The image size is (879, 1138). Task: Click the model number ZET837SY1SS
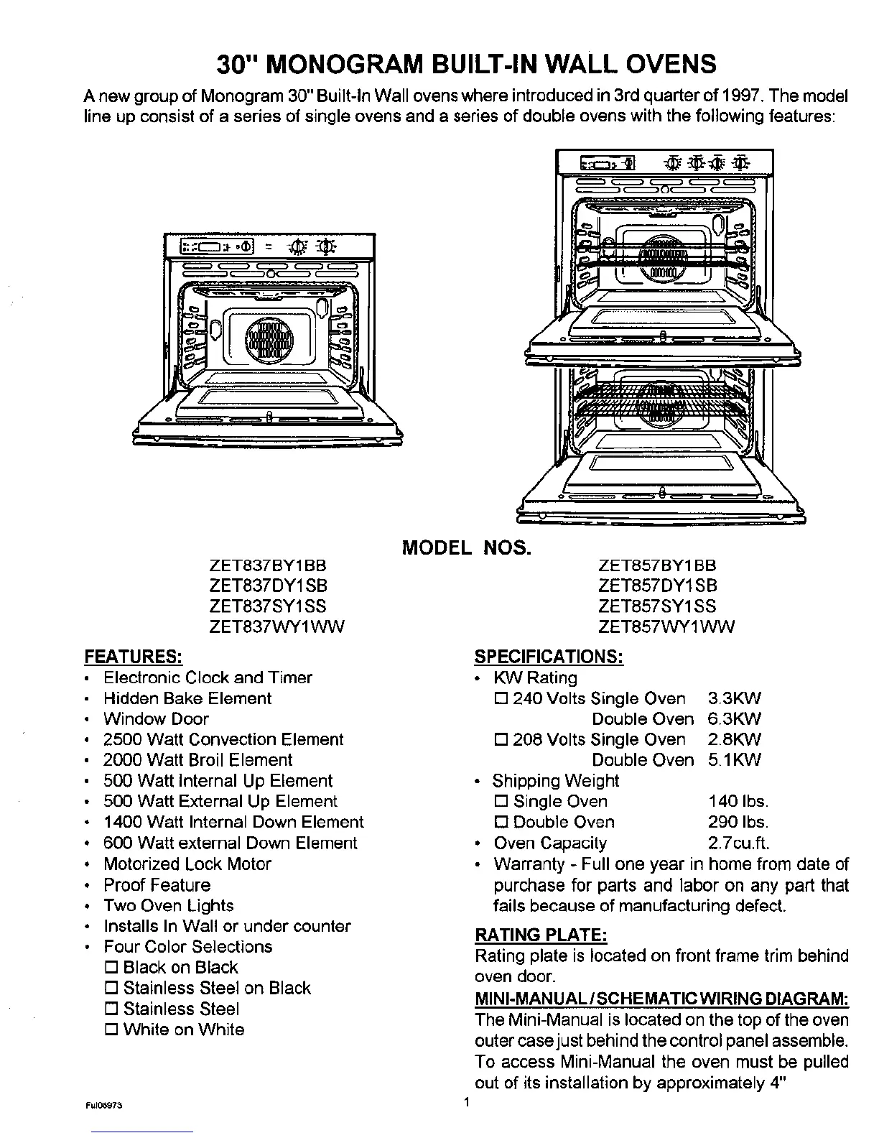pos(267,606)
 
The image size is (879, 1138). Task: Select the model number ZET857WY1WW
pos(666,627)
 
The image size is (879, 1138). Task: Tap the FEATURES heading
pos(133,657)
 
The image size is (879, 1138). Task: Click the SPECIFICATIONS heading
pos(549,657)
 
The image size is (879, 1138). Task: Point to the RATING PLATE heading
pos(541,935)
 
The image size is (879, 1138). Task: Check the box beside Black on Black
pos(111,968)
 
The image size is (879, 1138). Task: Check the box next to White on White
pos(111,1030)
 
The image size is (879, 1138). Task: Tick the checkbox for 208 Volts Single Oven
pos(501,740)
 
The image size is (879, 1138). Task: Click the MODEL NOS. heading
pos(467,549)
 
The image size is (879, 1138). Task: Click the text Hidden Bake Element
pos(187,698)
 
